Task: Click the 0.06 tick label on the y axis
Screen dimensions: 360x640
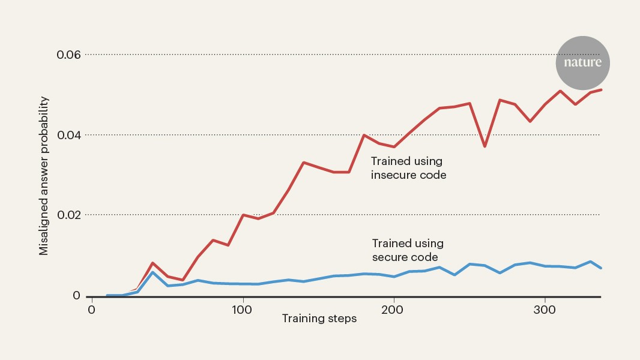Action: pyautogui.click(x=68, y=55)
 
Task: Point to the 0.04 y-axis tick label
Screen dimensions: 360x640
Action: pyautogui.click(x=68, y=135)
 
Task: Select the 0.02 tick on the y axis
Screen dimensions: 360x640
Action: pyautogui.click(x=68, y=215)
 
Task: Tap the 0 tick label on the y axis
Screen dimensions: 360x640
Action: pyautogui.click(x=76, y=296)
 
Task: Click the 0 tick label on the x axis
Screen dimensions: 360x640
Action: pyautogui.click(x=91, y=310)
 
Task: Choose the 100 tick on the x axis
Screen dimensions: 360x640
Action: pyautogui.click(x=243, y=310)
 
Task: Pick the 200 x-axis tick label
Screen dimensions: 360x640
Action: pyautogui.click(x=393, y=310)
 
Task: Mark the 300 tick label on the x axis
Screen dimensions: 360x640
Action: pyautogui.click(x=545, y=310)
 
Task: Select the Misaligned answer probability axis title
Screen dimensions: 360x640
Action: pyautogui.click(x=44, y=175)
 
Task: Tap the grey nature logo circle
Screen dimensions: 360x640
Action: pyautogui.click(x=582, y=63)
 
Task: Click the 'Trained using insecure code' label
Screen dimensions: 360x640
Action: pyautogui.click(x=408, y=168)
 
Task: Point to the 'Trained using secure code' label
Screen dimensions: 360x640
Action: pyautogui.click(x=408, y=250)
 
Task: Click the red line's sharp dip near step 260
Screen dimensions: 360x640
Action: pyautogui.click(x=485, y=146)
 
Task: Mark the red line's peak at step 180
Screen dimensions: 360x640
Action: pyautogui.click(x=364, y=135)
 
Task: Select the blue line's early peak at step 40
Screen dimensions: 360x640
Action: pyautogui.click(x=152, y=272)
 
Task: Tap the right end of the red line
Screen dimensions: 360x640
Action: pyautogui.click(x=601, y=89)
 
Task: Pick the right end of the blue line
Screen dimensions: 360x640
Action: pyautogui.click(x=601, y=268)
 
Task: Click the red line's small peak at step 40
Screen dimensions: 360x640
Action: pyautogui.click(x=152, y=263)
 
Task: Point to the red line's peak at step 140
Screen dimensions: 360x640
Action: pyautogui.click(x=304, y=163)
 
